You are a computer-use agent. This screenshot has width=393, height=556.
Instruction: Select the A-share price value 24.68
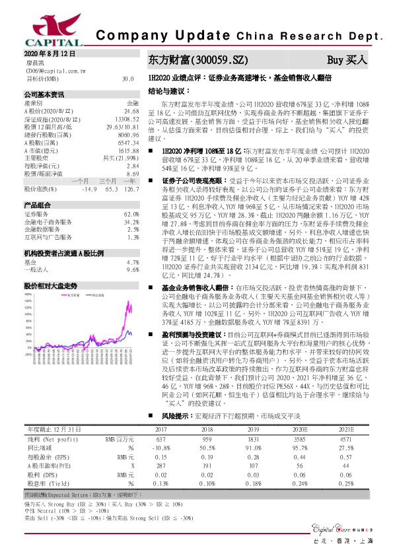(131, 112)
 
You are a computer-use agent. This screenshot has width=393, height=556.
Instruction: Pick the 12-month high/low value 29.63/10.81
(123, 126)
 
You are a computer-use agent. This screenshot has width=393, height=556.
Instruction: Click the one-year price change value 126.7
(131, 190)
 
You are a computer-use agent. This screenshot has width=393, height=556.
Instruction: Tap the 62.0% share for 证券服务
(131, 215)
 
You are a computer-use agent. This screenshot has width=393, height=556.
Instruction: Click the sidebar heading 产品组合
(38, 205)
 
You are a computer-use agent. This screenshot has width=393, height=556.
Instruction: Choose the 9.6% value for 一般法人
(132, 270)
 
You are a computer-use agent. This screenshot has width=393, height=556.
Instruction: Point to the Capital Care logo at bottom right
(345, 528)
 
